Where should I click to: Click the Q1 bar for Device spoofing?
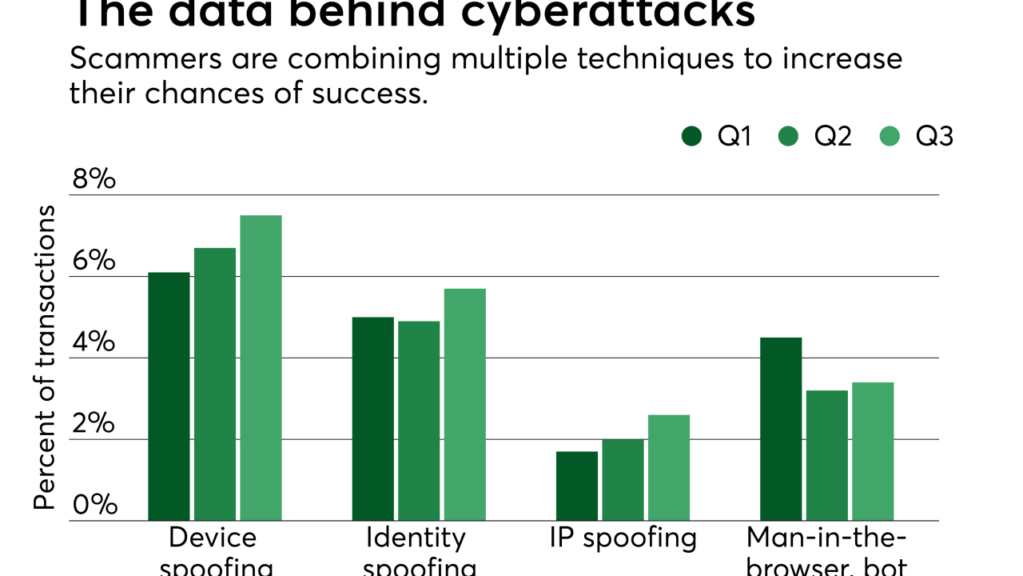click(169, 397)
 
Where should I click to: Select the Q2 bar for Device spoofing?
click(215, 385)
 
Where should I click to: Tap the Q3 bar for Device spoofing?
click(261, 368)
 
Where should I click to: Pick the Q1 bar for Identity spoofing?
click(372, 419)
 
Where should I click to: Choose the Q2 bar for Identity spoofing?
click(419, 421)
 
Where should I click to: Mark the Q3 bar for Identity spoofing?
click(464, 405)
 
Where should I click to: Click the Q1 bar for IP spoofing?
click(577, 486)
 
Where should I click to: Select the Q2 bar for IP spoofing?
click(623, 480)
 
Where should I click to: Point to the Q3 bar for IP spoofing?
click(668, 468)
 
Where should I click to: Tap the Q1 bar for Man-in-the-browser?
click(781, 430)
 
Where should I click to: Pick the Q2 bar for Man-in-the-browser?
click(826, 456)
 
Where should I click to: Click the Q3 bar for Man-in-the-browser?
click(873, 452)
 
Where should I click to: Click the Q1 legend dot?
click(692, 137)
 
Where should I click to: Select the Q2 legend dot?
click(788, 137)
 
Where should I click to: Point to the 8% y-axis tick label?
click(94, 180)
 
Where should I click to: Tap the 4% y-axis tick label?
click(94, 343)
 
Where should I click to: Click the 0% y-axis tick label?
click(94, 505)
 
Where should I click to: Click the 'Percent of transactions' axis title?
click(45, 357)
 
